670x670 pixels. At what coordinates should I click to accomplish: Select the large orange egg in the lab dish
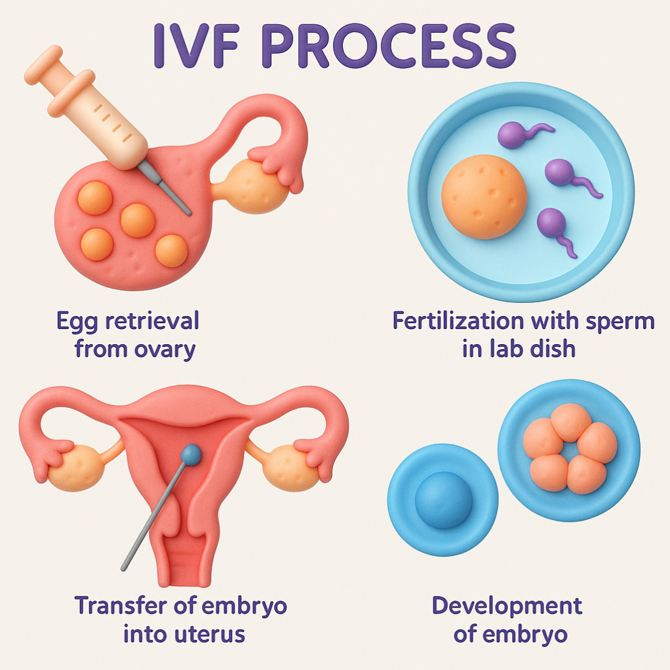(484, 197)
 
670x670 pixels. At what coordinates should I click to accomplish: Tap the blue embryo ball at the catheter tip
(190, 452)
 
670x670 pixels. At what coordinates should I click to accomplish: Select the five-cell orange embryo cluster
(569, 448)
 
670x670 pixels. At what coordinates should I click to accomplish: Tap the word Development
(507, 605)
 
